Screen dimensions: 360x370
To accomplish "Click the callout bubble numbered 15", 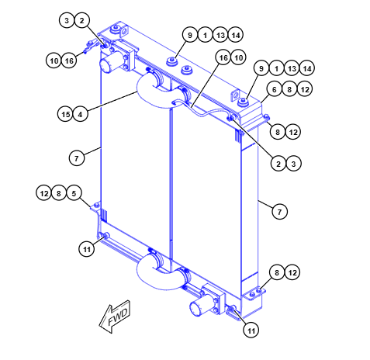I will click(x=66, y=114).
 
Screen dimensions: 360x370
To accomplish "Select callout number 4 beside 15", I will click(x=80, y=114).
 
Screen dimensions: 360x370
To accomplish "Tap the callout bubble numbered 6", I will click(x=273, y=89).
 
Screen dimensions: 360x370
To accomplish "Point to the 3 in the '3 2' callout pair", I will click(x=68, y=20).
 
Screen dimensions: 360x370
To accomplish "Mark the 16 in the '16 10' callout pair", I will click(x=223, y=58).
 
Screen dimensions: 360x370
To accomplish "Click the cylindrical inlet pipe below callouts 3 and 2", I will click(x=116, y=61).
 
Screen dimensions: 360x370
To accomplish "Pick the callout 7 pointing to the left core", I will click(x=74, y=157).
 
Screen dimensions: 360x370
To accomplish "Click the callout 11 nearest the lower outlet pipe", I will click(x=250, y=330).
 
